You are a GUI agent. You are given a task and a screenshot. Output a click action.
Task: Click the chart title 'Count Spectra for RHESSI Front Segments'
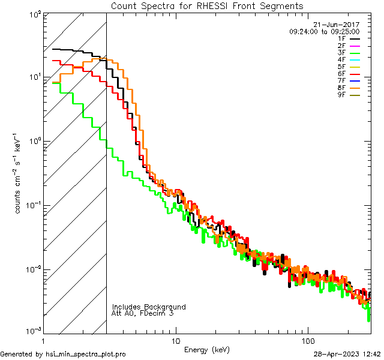tap(207, 5)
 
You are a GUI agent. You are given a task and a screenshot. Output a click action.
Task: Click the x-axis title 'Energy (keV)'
tap(206, 349)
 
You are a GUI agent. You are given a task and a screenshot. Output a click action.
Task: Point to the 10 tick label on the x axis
tap(176, 340)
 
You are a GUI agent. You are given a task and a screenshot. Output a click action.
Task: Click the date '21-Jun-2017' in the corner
tap(339, 25)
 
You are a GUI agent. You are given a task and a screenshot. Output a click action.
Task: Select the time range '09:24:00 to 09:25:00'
tap(324, 31)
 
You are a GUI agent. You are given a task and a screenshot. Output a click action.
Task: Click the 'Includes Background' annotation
tap(149, 307)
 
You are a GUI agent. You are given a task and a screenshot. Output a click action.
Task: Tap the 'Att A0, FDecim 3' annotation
tap(142, 313)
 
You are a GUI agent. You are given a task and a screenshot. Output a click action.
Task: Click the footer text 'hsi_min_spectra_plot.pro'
tap(85, 354)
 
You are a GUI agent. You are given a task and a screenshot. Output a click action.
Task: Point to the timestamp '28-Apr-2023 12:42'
tap(347, 354)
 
